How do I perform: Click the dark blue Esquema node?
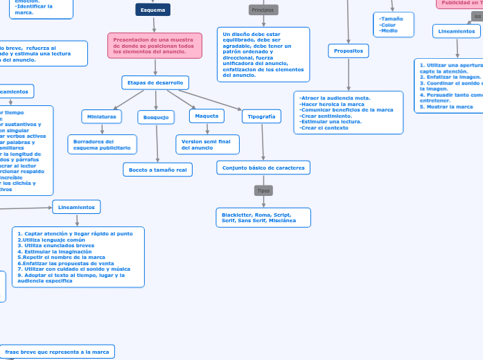pos(152,10)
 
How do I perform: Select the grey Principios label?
pos(263,10)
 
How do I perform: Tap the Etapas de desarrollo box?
pos(155,82)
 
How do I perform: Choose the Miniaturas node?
pos(102,116)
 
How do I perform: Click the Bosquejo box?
pos(156,117)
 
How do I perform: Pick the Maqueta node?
pos(207,116)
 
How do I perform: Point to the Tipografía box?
pos(261,116)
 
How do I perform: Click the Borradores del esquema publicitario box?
pos(102,144)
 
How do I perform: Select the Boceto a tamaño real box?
pos(157,169)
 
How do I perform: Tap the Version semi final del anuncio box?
pos(207,144)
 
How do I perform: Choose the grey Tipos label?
pos(263,190)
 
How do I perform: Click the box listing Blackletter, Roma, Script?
pos(263,217)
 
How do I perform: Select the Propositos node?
pos(348,51)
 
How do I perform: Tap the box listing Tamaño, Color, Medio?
pos(392,24)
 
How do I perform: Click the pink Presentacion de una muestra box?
pos(155,46)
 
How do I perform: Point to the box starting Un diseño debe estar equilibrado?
pos(263,55)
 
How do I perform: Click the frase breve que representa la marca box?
pos(57,352)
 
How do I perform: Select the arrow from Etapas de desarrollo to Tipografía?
pos(215,100)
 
